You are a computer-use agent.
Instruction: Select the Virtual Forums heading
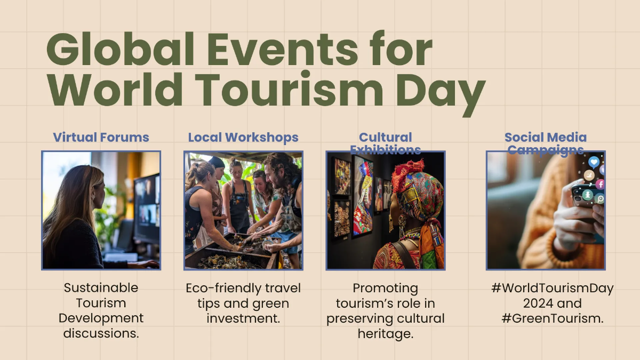coord(101,137)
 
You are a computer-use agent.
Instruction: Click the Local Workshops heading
coord(243,137)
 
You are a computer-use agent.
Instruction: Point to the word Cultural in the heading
coord(386,138)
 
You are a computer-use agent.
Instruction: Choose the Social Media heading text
coord(546,138)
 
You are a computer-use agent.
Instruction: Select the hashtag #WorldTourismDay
coord(553,289)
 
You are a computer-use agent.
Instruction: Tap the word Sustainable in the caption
coord(101,288)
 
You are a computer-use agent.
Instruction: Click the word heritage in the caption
coord(386,334)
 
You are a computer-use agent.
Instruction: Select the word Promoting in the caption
coord(386,289)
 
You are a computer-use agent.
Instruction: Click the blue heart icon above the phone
coord(594,162)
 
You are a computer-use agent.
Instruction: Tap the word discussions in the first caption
coord(101,333)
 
